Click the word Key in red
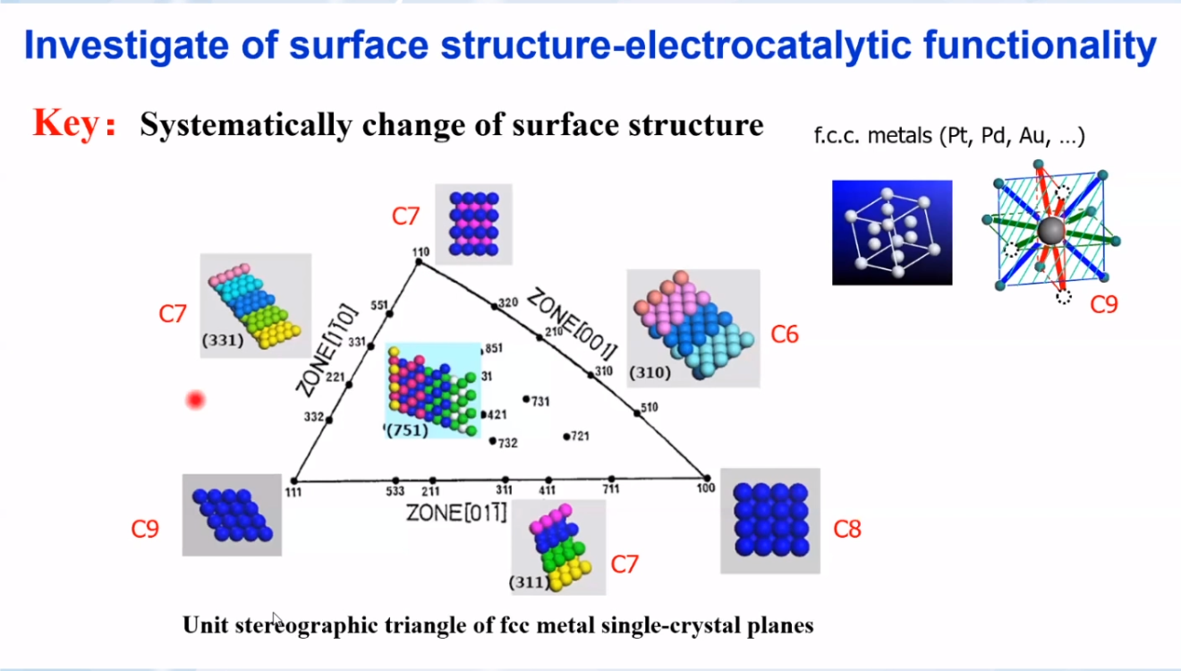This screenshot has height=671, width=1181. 66,123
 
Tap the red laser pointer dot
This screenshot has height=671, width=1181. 196,400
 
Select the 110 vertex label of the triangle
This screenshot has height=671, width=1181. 421,252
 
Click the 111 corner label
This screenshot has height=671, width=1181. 293,492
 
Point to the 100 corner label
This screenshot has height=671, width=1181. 706,488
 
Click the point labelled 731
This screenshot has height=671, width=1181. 526,399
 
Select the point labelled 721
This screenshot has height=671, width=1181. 566,437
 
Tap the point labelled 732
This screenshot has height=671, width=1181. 492,441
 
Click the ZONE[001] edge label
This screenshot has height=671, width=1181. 573,323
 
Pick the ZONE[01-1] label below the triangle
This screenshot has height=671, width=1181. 456,513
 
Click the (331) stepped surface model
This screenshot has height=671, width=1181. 256,306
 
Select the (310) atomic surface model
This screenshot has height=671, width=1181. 693,328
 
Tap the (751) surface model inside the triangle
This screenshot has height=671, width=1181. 433,391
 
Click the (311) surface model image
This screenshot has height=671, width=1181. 558,548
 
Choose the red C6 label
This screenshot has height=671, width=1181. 785,335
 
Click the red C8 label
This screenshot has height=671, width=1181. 847,529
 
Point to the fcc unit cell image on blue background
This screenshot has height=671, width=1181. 892,233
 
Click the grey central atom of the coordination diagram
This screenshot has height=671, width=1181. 1050,231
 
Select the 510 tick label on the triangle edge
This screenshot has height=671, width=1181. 649,407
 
